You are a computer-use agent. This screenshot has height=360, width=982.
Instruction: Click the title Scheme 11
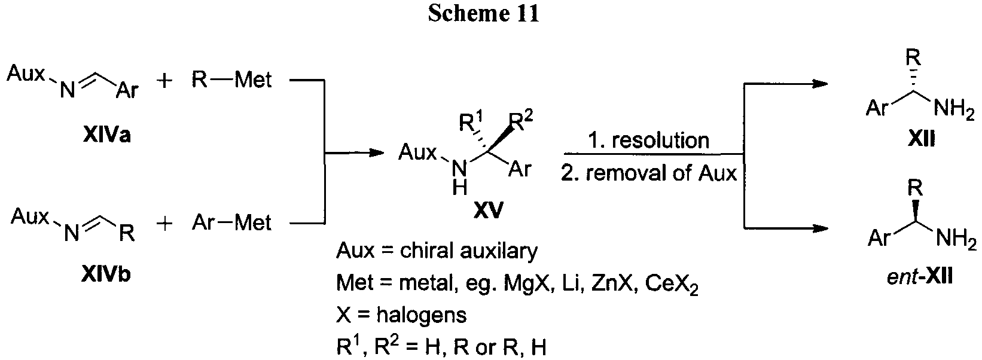[x=484, y=13]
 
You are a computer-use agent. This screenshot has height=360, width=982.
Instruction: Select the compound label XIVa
[x=107, y=136]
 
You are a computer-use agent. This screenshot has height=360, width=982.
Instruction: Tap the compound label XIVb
[x=106, y=274]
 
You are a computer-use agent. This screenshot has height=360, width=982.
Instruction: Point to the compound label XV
[x=489, y=211]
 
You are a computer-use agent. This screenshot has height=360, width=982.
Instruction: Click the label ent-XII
[x=919, y=277]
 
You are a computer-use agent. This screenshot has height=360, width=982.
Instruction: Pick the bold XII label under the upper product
[x=921, y=139]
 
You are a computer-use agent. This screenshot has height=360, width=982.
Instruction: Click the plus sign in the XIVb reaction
[x=165, y=224]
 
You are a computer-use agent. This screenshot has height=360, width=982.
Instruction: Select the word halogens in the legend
[x=421, y=315]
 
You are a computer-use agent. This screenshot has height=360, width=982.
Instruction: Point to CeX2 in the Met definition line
[x=672, y=285]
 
